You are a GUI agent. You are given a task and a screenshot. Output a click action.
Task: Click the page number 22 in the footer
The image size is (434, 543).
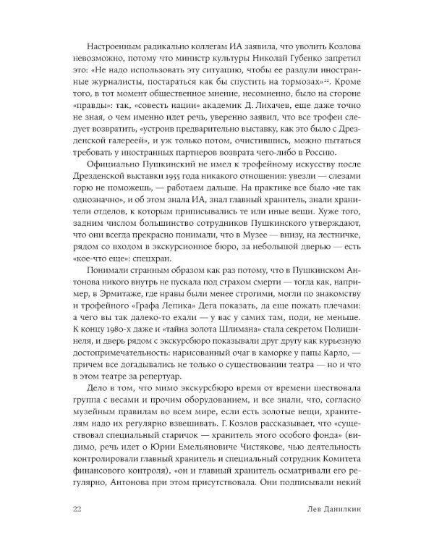[x=78, y=506]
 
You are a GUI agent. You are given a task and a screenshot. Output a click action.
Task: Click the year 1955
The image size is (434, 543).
[x=153, y=180]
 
